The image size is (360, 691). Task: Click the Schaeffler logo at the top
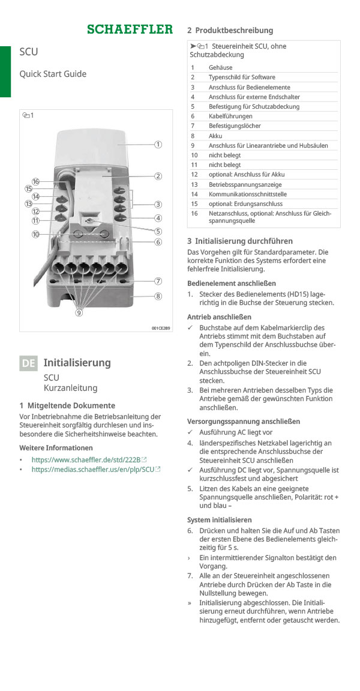click(x=130, y=29)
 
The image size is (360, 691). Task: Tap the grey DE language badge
click(x=28, y=363)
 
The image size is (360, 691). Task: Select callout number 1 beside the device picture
click(x=158, y=144)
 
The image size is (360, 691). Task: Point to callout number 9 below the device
click(x=79, y=312)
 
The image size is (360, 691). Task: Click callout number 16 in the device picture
click(x=36, y=181)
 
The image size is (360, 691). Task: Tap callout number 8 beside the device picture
click(x=158, y=296)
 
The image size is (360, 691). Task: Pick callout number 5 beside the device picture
click(x=158, y=231)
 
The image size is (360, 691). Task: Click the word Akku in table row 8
click(x=215, y=136)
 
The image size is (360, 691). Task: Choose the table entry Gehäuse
click(x=220, y=68)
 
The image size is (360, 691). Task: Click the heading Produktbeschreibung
click(x=234, y=30)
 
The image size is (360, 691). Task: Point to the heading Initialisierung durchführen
click(x=244, y=241)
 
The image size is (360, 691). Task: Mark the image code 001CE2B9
click(x=160, y=328)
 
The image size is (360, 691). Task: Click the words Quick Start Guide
click(x=53, y=74)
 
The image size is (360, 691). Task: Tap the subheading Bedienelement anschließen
click(x=232, y=283)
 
